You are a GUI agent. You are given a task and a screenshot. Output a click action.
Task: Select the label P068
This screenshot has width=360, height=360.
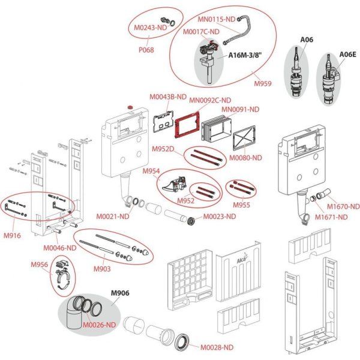[145, 50]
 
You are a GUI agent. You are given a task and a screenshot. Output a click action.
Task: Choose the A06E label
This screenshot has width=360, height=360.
[348, 54]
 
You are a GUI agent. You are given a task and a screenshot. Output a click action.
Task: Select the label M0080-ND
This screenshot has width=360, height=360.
[248, 158]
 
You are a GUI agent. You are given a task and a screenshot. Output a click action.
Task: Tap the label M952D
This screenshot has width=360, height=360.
[163, 149]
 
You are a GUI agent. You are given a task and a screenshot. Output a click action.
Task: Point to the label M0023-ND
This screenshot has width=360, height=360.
[220, 217]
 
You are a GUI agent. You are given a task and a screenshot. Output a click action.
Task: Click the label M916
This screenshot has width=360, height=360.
[11, 235]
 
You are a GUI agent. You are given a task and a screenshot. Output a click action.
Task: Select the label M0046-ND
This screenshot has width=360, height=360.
[59, 247]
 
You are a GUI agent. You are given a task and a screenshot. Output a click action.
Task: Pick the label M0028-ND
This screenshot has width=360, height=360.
[217, 347]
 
